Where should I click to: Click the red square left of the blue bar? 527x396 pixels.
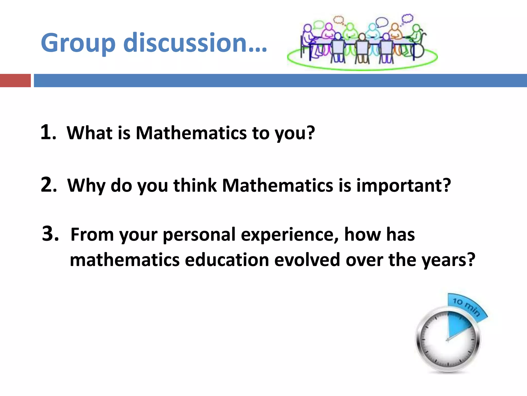(x=15, y=80)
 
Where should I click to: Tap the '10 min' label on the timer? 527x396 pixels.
(x=466, y=307)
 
